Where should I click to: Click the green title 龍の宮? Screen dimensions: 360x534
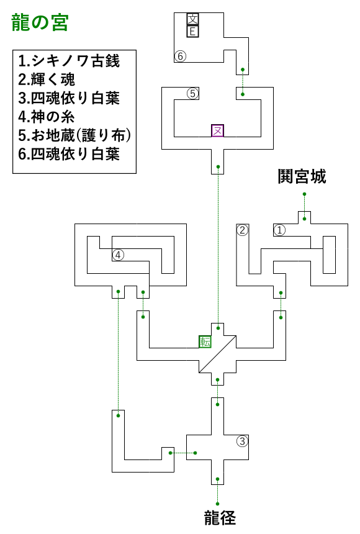[40, 23]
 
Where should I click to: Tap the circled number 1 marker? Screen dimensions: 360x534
[280, 230]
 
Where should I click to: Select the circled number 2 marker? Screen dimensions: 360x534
[243, 230]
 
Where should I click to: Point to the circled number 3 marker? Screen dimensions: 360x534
[242, 441]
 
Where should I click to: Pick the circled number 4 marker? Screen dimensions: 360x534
[118, 255]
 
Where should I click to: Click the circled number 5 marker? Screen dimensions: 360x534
[193, 93]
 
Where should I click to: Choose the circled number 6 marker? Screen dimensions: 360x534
[181, 56]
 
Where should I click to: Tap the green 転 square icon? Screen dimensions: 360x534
[205, 342]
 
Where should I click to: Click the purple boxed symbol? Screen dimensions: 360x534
[217, 131]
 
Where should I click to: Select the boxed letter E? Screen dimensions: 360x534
[193, 32]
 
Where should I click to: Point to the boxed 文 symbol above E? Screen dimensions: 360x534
[193, 19]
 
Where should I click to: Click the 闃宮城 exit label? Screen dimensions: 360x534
[302, 176]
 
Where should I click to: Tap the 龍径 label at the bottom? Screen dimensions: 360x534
[220, 518]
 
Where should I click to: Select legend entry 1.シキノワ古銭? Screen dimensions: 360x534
[69, 61]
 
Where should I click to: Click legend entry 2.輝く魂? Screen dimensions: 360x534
[47, 79]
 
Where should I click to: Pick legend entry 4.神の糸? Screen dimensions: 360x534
[47, 117]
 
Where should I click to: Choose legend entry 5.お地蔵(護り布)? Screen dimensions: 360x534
[74, 135]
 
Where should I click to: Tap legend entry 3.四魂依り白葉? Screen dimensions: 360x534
[69, 98]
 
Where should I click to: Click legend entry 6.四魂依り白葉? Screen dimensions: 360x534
[69, 154]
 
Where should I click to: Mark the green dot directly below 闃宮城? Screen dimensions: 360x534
[305, 194]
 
